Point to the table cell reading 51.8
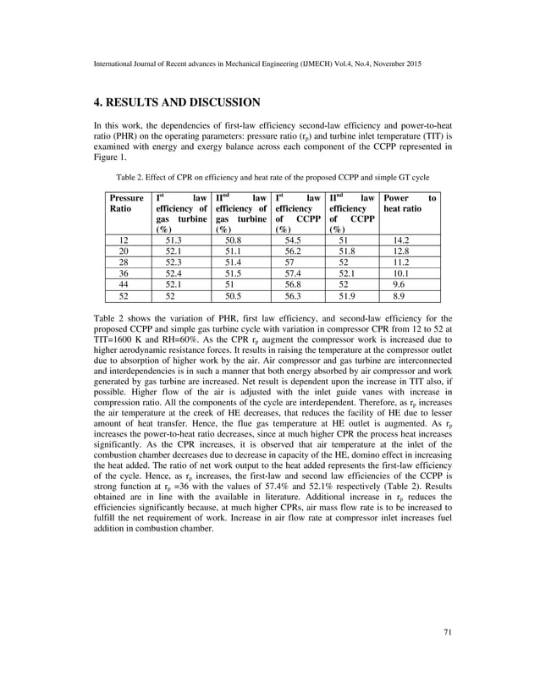(349, 251)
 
